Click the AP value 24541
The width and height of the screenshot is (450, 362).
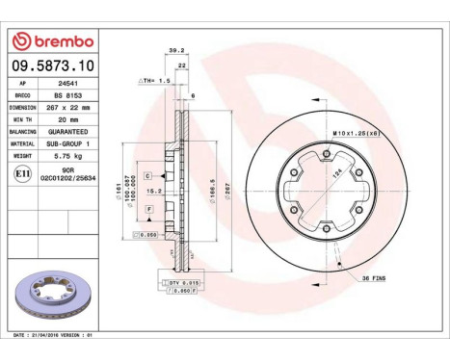tap(60, 86)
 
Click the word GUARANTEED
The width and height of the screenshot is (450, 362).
tap(69, 131)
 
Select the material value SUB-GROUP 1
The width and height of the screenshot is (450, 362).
tap(69, 142)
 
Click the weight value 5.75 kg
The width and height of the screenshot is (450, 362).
tap(63, 154)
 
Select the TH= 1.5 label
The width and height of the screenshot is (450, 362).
tap(154, 81)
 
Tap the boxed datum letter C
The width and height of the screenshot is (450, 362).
tap(147, 176)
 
